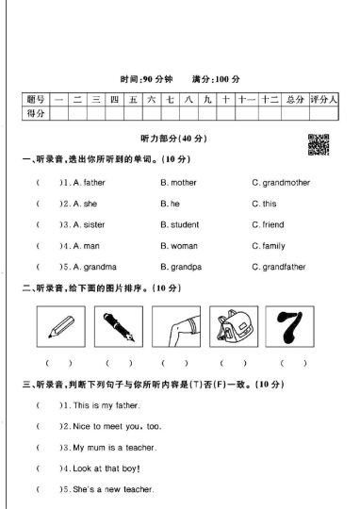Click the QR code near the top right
coord(319,144)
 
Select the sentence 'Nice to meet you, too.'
coord(117,426)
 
